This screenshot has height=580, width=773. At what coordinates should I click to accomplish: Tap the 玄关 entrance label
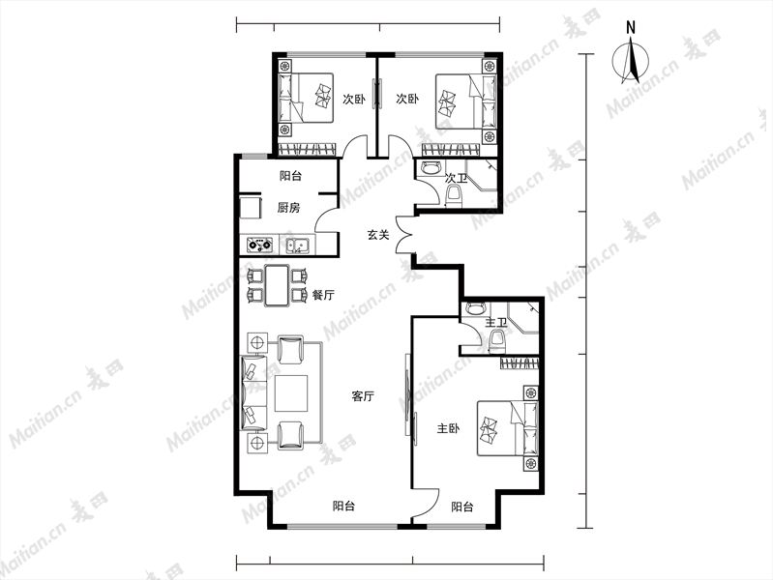coord(378,235)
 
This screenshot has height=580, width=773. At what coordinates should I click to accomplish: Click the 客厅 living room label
coord(363,395)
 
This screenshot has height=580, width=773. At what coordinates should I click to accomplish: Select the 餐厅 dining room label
coord(323,295)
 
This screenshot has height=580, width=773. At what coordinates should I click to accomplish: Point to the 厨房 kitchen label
coord(288,208)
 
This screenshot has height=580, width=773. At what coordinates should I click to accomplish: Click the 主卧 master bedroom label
coord(448,429)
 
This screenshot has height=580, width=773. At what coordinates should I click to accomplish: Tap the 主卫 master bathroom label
coord(496,323)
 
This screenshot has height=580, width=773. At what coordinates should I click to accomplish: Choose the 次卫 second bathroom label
coord(456,178)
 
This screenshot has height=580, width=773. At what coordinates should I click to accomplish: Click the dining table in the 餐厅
coord(277,286)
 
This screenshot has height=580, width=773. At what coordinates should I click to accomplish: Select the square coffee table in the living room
coord(291,393)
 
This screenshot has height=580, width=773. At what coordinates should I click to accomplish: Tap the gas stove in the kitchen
coord(259,245)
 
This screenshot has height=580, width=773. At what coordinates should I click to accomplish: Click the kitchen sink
coord(298,245)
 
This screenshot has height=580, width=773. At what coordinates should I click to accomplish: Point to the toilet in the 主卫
coord(497,342)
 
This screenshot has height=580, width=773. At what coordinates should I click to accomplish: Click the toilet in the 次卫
coord(453,195)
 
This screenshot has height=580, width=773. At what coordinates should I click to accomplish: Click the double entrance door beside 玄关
coord(404,235)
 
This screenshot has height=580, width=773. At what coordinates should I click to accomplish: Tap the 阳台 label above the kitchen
coord(290,176)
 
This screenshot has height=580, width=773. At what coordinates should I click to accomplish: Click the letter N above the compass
coord(631,28)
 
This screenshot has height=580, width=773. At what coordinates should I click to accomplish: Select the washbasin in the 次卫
coord(431,168)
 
